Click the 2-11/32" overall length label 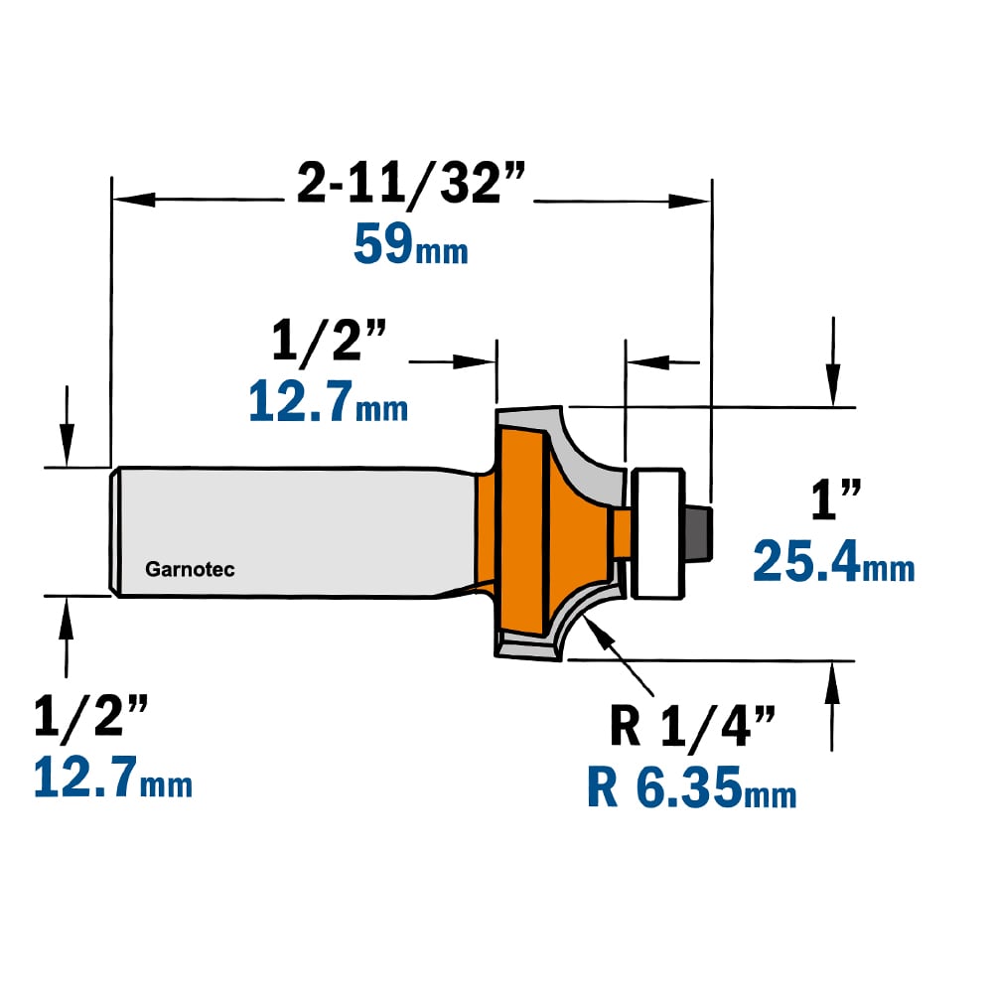pyautogui.click(x=411, y=185)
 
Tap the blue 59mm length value pyautogui.click(x=411, y=245)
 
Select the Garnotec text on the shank pyautogui.click(x=190, y=569)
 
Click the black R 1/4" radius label pyautogui.click(x=692, y=727)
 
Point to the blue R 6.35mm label pyautogui.click(x=691, y=787)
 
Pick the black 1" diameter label pyautogui.click(x=836, y=499)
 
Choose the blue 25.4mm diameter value pyautogui.click(x=834, y=561)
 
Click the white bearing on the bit pyautogui.click(x=658, y=533)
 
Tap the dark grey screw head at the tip pyautogui.click(x=700, y=532)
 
